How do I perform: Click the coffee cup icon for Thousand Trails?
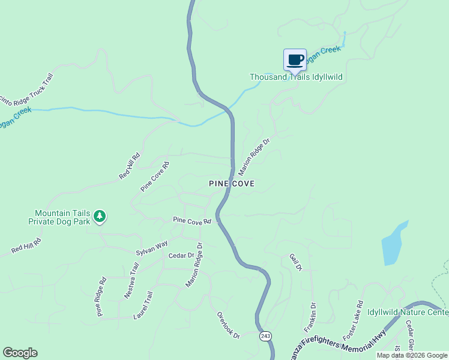click(295, 60)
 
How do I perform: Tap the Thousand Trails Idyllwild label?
click(300, 77)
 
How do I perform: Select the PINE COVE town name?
click(232, 183)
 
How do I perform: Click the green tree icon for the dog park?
click(100, 216)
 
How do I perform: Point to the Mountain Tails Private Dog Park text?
click(59, 217)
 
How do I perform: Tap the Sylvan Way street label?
click(151, 248)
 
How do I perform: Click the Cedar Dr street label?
click(181, 256)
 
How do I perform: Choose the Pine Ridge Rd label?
click(101, 296)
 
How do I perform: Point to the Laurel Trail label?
click(143, 305)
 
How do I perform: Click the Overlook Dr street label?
click(228, 325)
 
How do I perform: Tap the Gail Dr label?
click(295, 262)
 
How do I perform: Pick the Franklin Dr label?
click(310, 317)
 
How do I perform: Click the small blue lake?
click(393, 244)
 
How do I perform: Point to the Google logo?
click(20, 353)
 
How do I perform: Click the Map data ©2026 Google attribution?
click(412, 355)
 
